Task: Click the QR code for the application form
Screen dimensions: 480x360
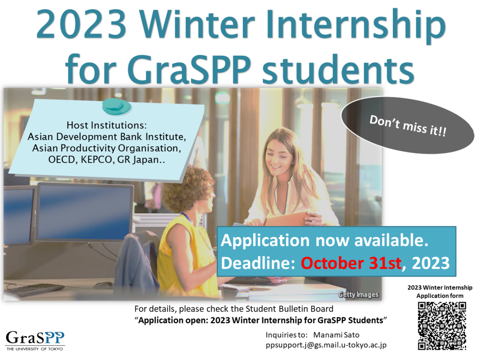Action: coord(442,326)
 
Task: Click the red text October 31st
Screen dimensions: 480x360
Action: coord(351,263)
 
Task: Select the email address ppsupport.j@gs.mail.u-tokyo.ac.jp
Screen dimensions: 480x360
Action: coord(326,345)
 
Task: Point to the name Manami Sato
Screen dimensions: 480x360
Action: coord(336,335)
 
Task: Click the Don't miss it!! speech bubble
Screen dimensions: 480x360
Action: coord(407,125)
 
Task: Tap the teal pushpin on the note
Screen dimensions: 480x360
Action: coord(116,106)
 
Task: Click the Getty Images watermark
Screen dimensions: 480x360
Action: coord(359,294)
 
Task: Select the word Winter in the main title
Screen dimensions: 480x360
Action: coord(197,24)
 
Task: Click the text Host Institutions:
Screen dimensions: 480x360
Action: coord(106,125)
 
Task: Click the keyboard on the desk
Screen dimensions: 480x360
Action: coord(34,290)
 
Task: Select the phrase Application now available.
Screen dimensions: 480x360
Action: coord(324,240)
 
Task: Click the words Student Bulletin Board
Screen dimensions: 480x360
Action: coord(289,309)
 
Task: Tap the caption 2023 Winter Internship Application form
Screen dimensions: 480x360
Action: coord(440,292)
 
